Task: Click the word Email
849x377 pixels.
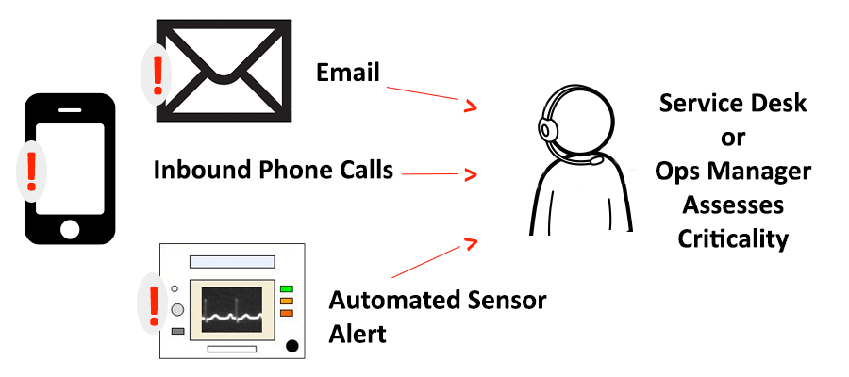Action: pos(347,73)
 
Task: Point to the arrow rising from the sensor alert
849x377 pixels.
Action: pos(432,258)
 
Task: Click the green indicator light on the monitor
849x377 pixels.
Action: pos(286,288)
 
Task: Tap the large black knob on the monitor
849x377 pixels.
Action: pos(292,346)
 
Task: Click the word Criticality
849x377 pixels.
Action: pos(732,238)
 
